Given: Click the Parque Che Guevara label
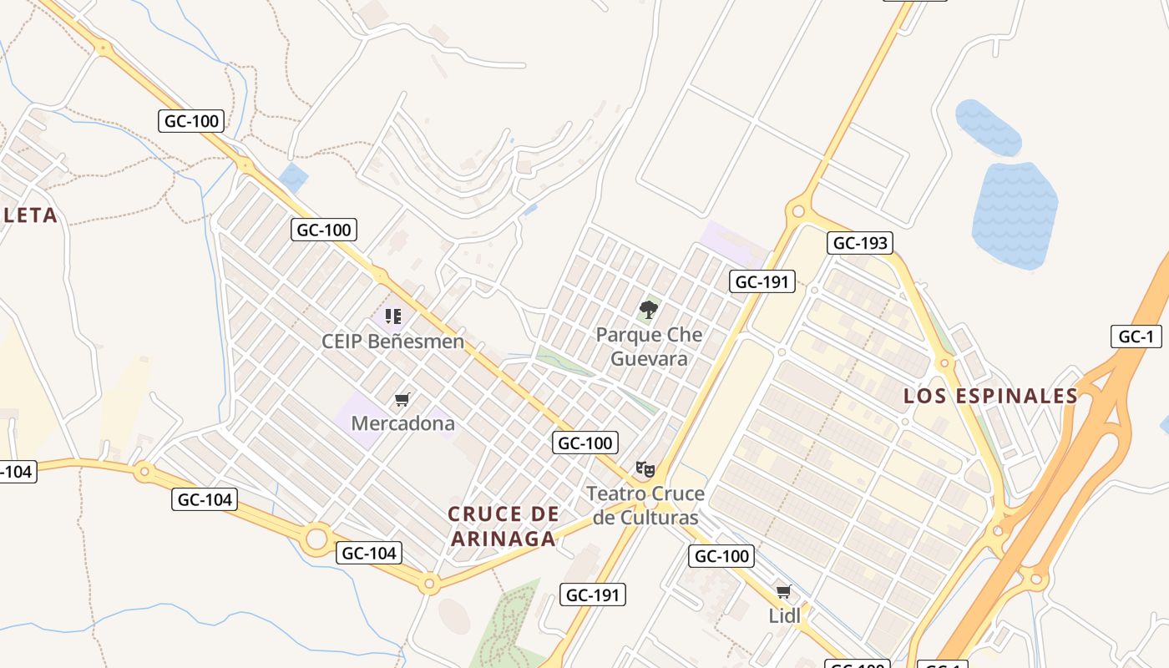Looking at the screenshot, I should click(648, 347).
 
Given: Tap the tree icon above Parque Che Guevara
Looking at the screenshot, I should click(648, 311).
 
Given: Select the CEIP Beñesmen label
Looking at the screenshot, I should click(392, 342).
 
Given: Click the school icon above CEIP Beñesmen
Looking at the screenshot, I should click(393, 316).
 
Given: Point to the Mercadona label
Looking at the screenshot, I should click(402, 423).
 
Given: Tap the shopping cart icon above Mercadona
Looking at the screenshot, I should click(402, 400).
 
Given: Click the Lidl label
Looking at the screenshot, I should click(784, 615).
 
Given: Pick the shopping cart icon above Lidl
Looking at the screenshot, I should click(783, 592).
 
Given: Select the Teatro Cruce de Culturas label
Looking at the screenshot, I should click(645, 505).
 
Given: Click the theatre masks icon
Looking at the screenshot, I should click(645, 468).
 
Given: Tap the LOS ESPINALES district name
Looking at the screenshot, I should click(990, 396).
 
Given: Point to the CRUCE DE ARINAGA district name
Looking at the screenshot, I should click(504, 526).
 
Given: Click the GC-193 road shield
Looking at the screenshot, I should click(861, 243).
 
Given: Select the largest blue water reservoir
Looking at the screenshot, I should click(1015, 215).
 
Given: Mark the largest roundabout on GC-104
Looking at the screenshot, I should click(316, 539).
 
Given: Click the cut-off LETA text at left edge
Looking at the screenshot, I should click(30, 215).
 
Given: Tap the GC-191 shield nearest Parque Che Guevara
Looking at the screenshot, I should click(762, 281).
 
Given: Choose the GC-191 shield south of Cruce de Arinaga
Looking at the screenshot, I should click(592, 595).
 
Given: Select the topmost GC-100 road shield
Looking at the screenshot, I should click(191, 121).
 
